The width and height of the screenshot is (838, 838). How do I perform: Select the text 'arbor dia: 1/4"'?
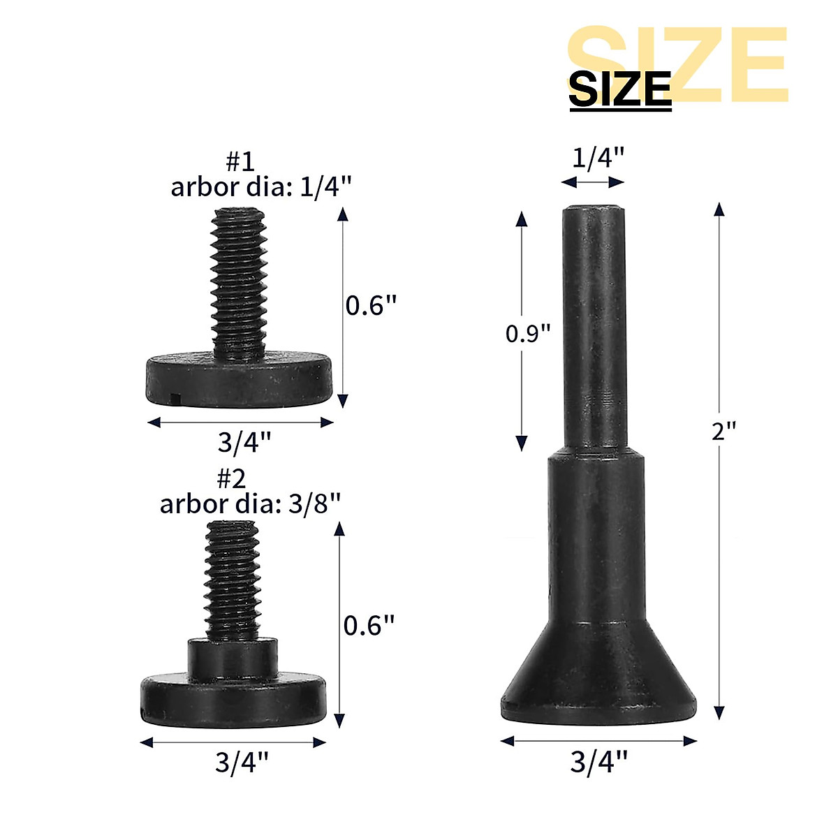coord(260,187)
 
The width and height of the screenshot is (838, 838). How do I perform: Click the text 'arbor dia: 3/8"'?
coord(251,503)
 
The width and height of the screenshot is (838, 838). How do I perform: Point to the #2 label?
coord(231,479)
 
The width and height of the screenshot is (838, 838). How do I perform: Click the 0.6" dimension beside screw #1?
coord(371,306)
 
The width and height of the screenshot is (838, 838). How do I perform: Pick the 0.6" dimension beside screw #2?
coord(369,625)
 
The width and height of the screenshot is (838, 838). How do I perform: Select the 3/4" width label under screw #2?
coord(242,762)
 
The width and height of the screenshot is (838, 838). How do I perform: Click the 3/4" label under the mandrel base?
coord(599,762)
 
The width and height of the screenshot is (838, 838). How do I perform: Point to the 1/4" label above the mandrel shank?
coord(598,159)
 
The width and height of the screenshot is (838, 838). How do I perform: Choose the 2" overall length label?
coord(724,431)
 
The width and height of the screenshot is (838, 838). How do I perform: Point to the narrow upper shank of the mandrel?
coord(594,328)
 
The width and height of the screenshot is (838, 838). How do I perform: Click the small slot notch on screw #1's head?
coord(175,399)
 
